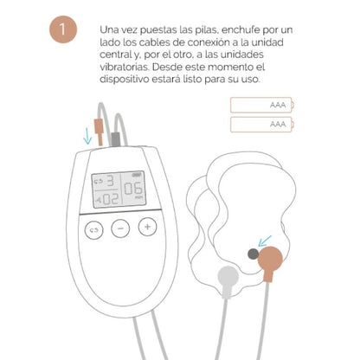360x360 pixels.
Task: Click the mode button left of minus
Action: coord(93,228)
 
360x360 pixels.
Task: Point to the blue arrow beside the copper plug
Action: coord(87,136)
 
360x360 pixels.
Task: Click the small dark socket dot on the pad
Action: coord(253,254)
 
